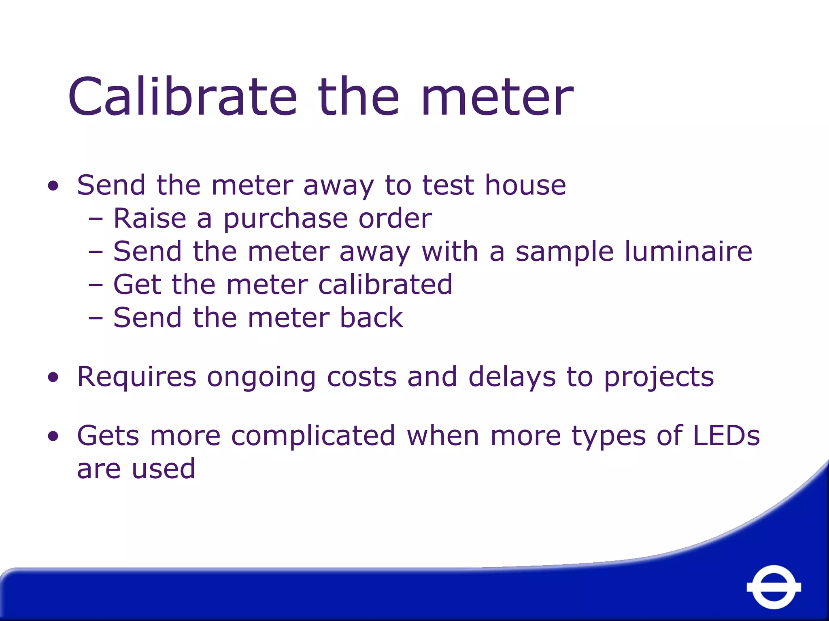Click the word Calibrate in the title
coord(182,97)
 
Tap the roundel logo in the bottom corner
coord(774,587)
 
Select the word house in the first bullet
coord(525,185)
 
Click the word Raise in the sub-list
coord(150,218)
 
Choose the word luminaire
coord(688,251)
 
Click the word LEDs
coord(726,436)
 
